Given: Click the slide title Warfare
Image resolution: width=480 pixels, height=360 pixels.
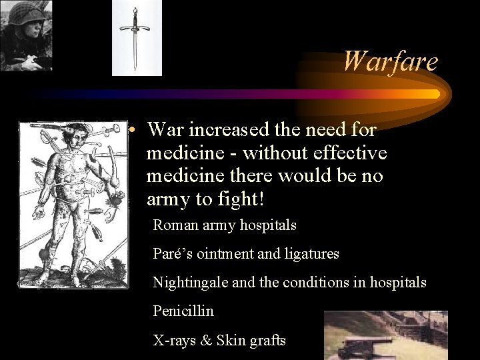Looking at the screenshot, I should pyautogui.click(x=390, y=61).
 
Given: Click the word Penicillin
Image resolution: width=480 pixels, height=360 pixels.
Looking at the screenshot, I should pyautogui.click(x=183, y=311).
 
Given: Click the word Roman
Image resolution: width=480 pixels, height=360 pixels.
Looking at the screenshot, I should pyautogui.click(x=175, y=225).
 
